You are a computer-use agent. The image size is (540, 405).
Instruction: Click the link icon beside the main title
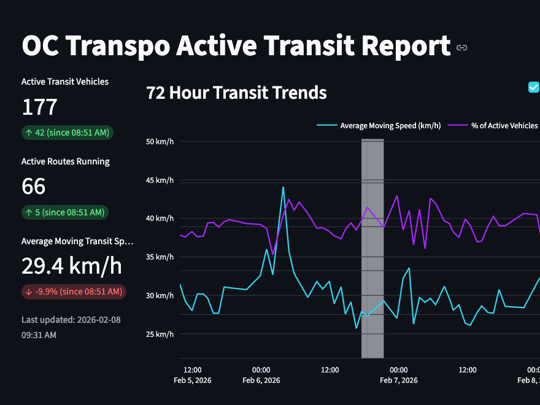pyautogui.click(x=462, y=48)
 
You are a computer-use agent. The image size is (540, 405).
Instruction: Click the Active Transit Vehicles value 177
pyautogui.click(x=39, y=107)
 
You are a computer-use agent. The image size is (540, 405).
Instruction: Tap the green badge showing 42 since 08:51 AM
pyautogui.click(x=67, y=133)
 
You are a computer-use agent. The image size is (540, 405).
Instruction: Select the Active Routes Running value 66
pyautogui.click(x=34, y=187)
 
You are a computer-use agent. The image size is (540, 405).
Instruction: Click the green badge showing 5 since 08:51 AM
pyautogui.click(x=65, y=212)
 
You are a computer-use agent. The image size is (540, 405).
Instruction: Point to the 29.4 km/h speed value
pyautogui.click(x=71, y=266)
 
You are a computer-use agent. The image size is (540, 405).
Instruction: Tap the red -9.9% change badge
pyautogui.click(x=74, y=291)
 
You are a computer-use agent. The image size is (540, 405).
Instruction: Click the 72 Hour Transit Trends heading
pyautogui.click(x=236, y=93)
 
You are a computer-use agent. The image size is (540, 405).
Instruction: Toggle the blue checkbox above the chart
pyautogui.click(x=533, y=87)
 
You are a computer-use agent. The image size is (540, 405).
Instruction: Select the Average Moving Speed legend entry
pyautogui.click(x=379, y=126)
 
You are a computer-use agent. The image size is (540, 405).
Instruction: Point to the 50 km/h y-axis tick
pyautogui.click(x=160, y=142)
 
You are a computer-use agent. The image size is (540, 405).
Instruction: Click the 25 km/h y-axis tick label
pyautogui.click(x=160, y=334)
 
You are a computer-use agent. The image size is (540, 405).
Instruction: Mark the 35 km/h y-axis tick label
pyautogui.click(x=160, y=257)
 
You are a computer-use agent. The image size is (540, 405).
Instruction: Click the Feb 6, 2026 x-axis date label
pyautogui.click(x=261, y=380)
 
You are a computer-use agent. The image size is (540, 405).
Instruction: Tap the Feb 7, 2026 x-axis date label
pyautogui.click(x=399, y=380)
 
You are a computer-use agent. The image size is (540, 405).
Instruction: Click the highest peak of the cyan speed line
pyautogui.click(x=283, y=187)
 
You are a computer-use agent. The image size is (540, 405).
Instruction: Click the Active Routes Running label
pyautogui.click(x=65, y=162)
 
